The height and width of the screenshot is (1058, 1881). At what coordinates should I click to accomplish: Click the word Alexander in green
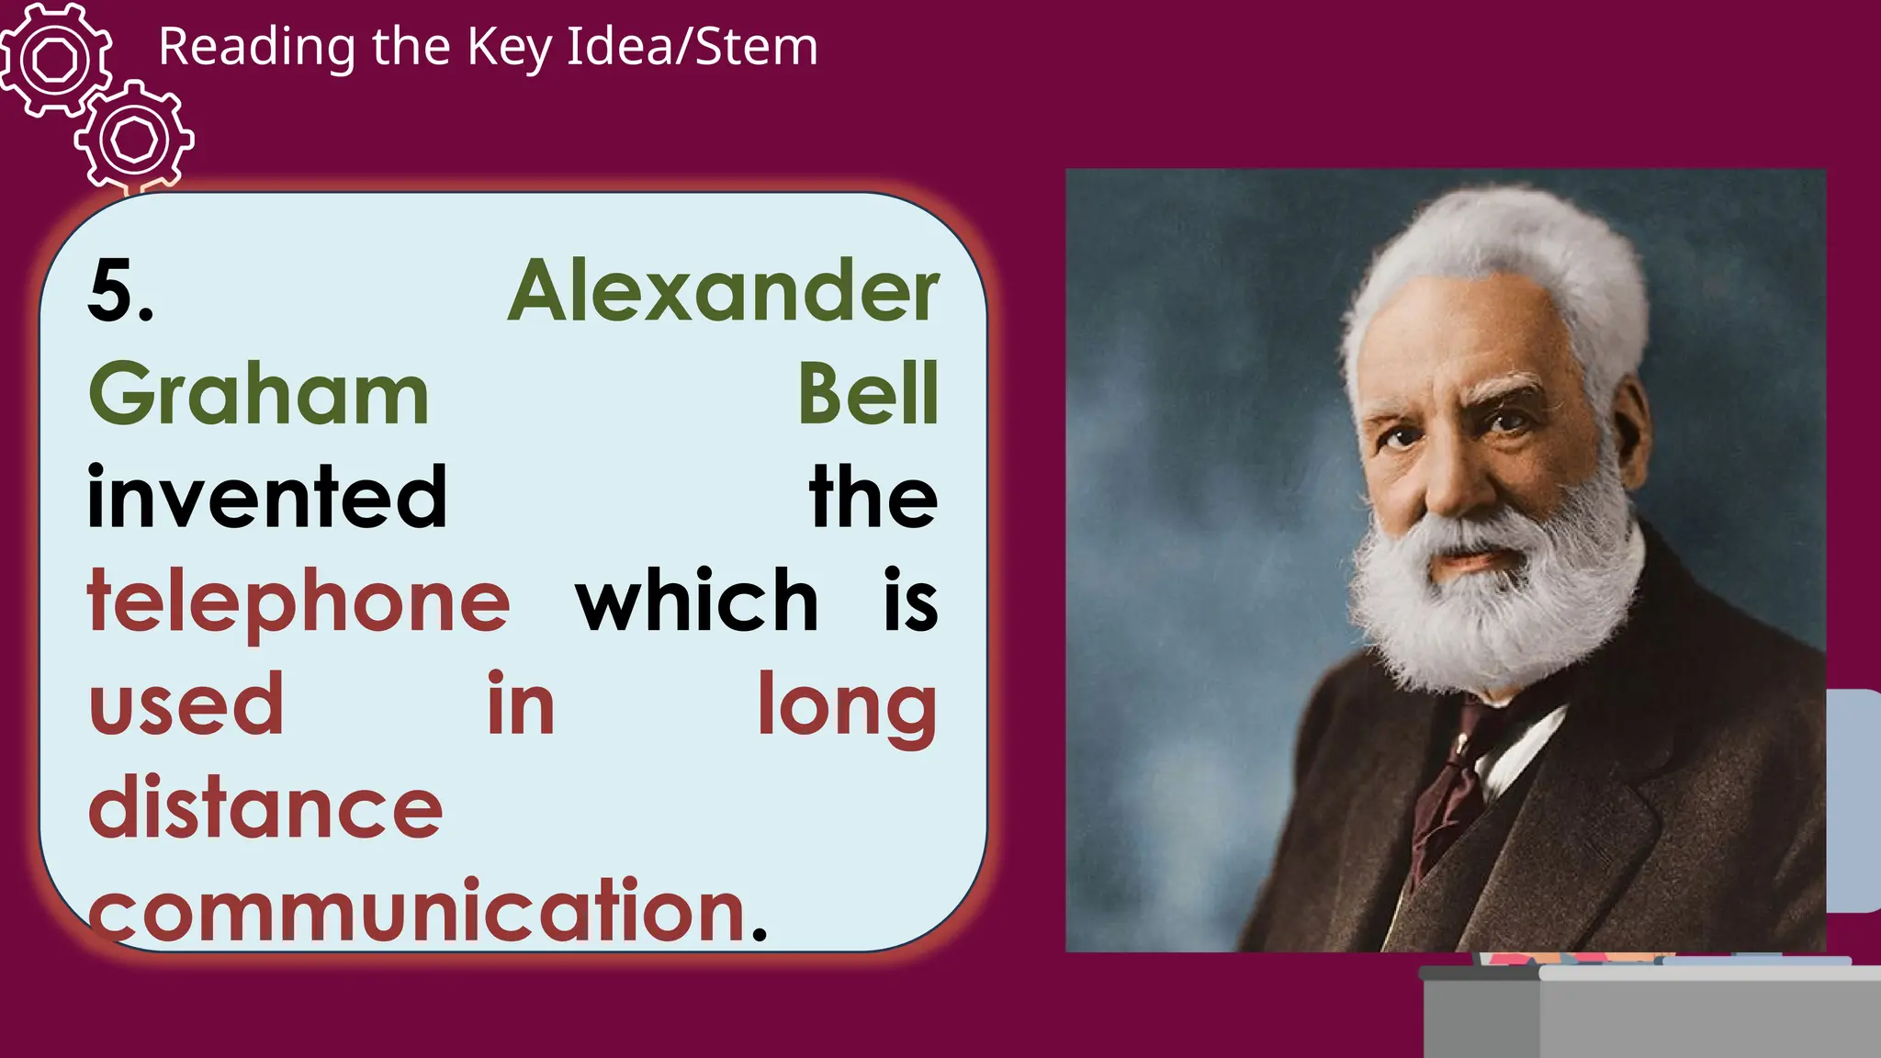tap(723, 291)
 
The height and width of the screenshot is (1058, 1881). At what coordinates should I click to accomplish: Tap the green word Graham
tap(259, 395)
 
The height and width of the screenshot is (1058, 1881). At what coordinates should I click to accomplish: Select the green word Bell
tap(868, 395)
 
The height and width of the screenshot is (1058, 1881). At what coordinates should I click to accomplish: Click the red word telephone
tap(298, 602)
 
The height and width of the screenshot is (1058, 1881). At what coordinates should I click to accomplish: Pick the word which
tap(696, 602)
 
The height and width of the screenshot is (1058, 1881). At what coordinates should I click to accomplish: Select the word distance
tap(265, 808)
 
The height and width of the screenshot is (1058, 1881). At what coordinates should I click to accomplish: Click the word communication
tap(417, 911)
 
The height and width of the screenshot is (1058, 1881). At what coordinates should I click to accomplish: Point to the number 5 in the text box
tap(114, 291)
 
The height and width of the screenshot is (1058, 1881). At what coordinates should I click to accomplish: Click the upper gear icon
tap(55, 61)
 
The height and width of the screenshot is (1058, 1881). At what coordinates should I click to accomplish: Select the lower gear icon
tap(135, 140)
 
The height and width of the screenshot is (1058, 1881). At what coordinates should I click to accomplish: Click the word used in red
tap(186, 705)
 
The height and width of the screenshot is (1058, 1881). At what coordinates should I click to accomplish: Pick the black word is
tap(910, 602)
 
